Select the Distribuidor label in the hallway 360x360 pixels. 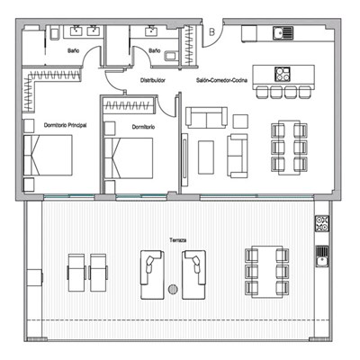coord(154,80)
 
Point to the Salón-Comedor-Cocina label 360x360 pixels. coord(221,80)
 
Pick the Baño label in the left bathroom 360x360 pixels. coord(73,50)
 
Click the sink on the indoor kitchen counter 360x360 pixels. coord(283,34)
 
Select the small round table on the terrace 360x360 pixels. coord(173,289)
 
